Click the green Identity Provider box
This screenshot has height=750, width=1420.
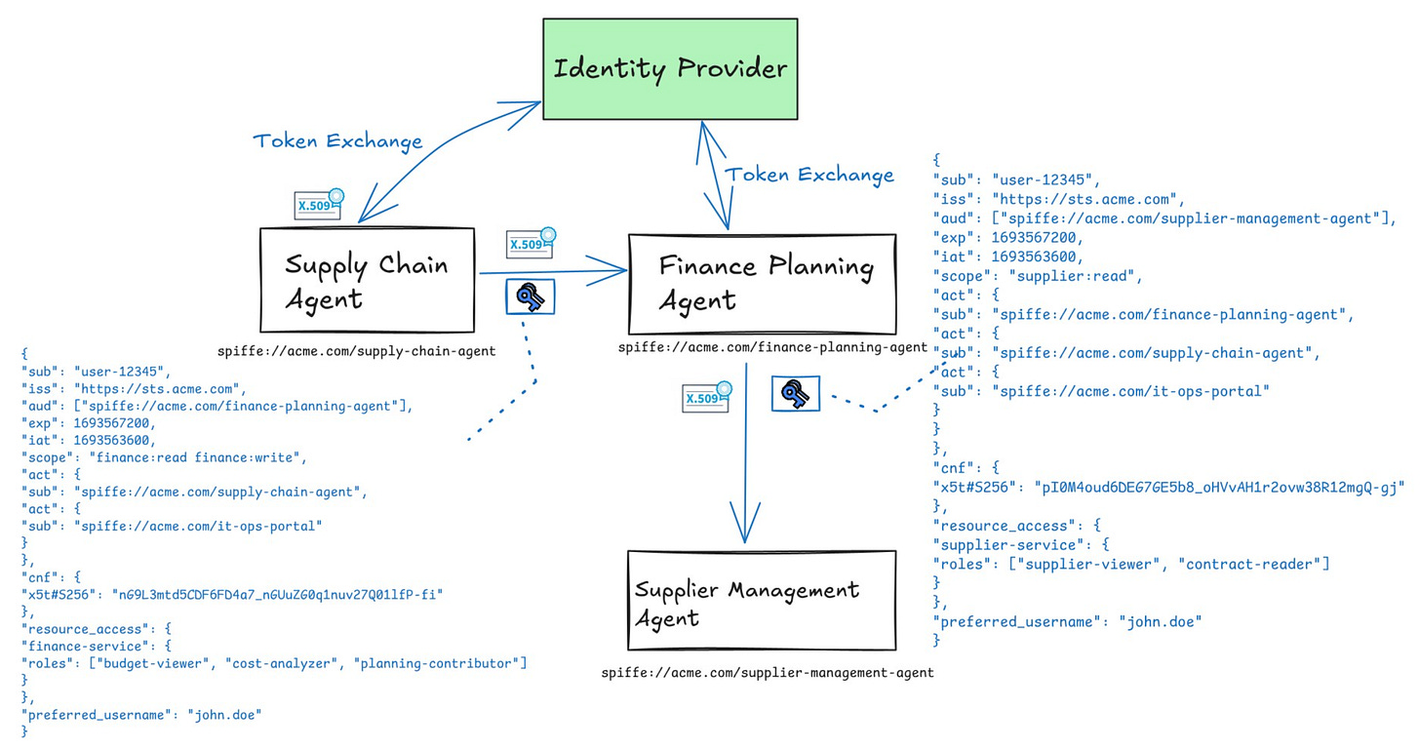[x=669, y=69]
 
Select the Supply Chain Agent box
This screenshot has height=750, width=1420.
[x=367, y=281]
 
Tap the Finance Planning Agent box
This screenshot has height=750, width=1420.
[x=762, y=283]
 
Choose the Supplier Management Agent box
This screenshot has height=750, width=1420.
[x=761, y=601]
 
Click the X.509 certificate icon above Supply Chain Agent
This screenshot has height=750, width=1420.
[x=319, y=204]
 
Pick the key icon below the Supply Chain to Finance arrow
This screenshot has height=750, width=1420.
[x=530, y=296]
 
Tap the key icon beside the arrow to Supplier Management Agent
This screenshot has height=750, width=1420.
[x=796, y=394]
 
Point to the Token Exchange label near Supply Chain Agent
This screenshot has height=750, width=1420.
[x=337, y=141]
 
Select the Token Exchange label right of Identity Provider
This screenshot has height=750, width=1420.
[x=809, y=176]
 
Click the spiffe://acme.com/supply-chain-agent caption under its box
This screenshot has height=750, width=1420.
[x=356, y=351]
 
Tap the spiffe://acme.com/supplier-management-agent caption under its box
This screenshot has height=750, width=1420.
[x=767, y=672]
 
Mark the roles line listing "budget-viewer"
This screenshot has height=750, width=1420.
[x=274, y=663]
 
